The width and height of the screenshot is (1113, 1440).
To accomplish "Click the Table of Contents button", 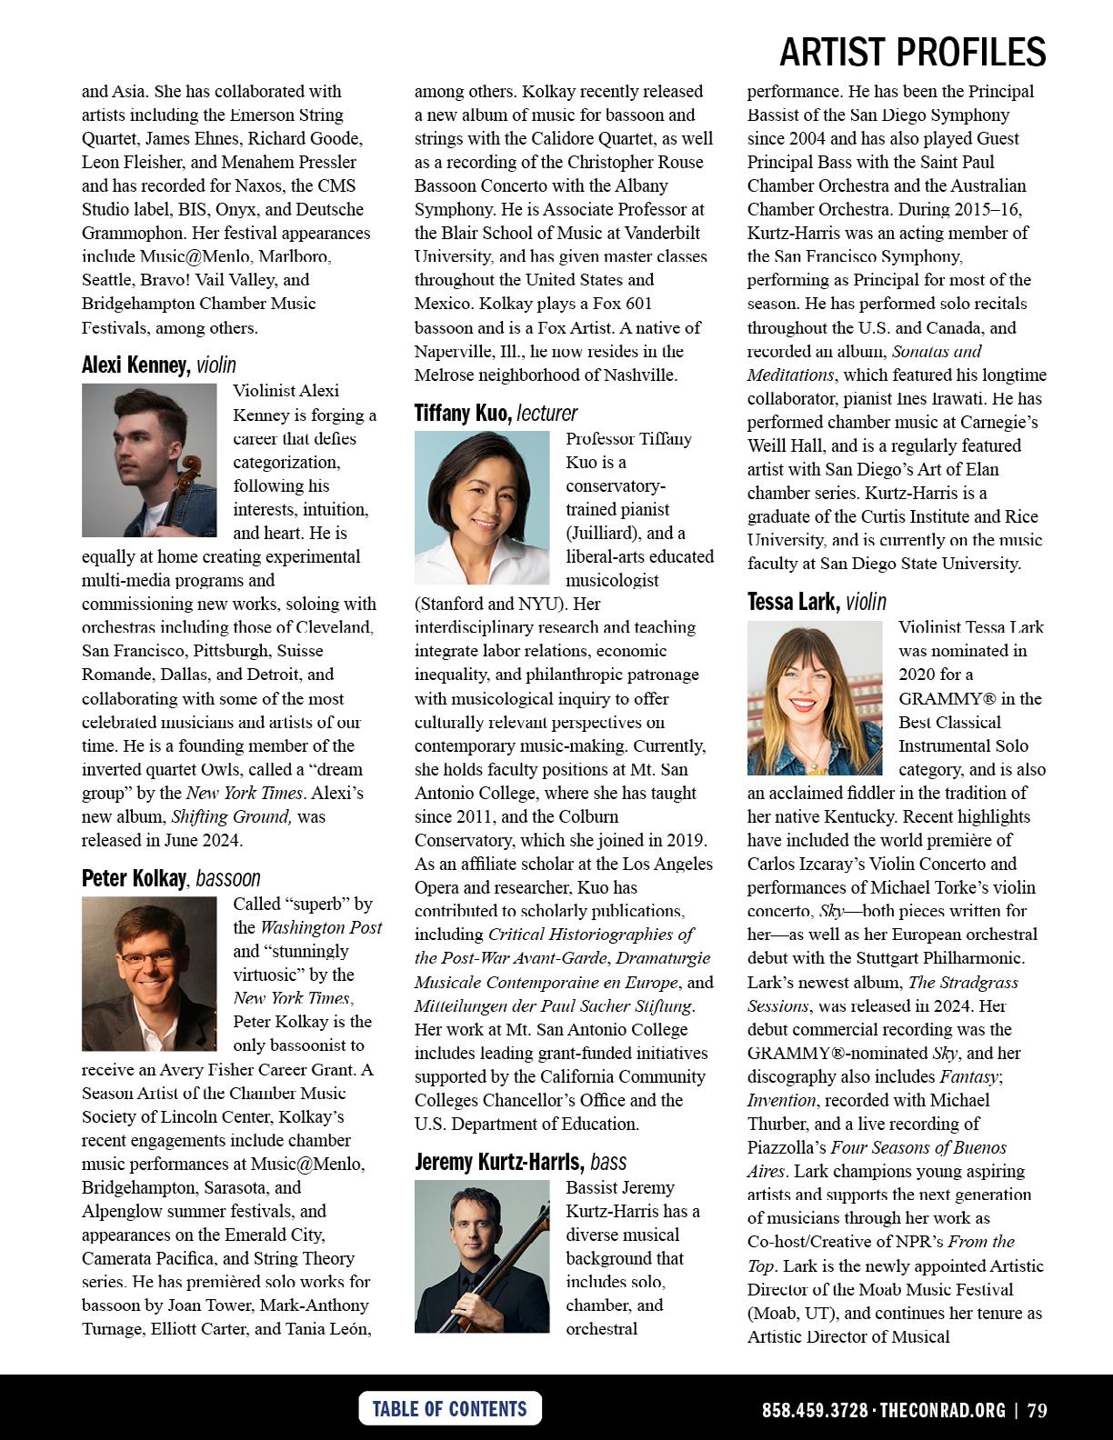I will (x=450, y=1408).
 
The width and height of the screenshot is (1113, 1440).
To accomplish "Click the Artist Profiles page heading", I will (x=912, y=53).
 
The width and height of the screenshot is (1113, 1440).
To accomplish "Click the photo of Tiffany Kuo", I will (x=482, y=507).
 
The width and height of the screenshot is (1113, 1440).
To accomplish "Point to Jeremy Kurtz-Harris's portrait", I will (x=482, y=1256).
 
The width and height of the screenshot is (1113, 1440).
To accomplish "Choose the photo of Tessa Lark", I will (x=815, y=697).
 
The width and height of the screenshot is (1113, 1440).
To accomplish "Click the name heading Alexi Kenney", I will (x=135, y=365).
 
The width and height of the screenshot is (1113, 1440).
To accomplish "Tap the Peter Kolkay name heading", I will (x=134, y=878).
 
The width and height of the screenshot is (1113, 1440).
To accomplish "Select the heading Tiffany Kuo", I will (x=462, y=414).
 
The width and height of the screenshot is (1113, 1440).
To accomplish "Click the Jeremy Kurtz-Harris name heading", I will (x=498, y=1162).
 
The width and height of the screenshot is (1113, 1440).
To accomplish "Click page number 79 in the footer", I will (x=1038, y=1410).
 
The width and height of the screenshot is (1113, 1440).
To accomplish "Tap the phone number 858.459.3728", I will (x=815, y=1410).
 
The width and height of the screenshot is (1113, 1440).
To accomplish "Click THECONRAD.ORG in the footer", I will (x=942, y=1410).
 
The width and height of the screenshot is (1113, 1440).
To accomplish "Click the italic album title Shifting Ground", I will (x=232, y=816).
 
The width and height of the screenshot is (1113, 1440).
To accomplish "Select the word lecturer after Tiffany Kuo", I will (x=547, y=414).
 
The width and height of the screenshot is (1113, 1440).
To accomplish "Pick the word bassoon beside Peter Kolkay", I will (x=228, y=878).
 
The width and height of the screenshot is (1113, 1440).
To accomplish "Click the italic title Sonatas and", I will (x=937, y=351).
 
